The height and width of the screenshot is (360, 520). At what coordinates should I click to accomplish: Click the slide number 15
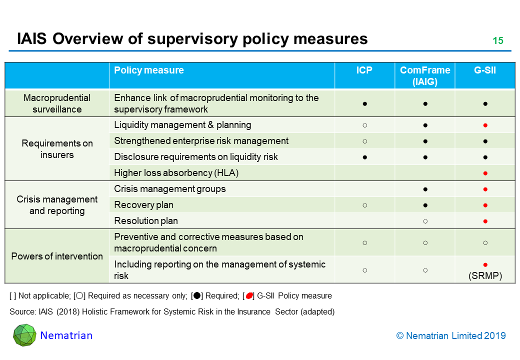498,41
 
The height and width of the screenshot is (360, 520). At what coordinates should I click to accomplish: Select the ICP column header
364,70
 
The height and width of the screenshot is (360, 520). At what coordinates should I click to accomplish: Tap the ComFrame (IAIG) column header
425,76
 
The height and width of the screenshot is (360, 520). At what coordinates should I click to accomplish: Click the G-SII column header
485,70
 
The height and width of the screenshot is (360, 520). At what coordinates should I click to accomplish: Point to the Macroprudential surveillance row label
57,103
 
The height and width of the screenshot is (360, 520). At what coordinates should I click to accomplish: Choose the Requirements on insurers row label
57,149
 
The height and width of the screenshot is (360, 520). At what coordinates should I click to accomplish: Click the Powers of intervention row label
57,256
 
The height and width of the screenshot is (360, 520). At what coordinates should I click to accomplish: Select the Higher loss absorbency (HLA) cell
176,173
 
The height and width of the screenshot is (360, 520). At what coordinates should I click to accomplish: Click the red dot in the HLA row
485,173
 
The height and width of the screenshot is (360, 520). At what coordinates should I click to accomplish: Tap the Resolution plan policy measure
146,221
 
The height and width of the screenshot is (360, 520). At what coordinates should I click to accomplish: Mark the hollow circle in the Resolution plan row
425,221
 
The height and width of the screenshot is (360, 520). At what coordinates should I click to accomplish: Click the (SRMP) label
485,275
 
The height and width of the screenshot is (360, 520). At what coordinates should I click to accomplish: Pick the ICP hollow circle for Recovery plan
365,205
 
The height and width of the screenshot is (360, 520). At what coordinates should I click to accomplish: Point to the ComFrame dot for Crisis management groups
425,189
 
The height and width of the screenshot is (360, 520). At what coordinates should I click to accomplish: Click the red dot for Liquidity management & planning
485,125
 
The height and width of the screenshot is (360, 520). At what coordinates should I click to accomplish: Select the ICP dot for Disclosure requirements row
365,157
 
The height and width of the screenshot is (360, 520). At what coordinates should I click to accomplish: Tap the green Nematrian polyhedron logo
24,335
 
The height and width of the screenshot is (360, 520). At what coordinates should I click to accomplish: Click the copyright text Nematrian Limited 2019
451,336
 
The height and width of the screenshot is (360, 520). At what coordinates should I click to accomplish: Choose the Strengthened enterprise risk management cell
201,141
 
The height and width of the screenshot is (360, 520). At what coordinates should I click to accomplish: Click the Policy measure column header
149,70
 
